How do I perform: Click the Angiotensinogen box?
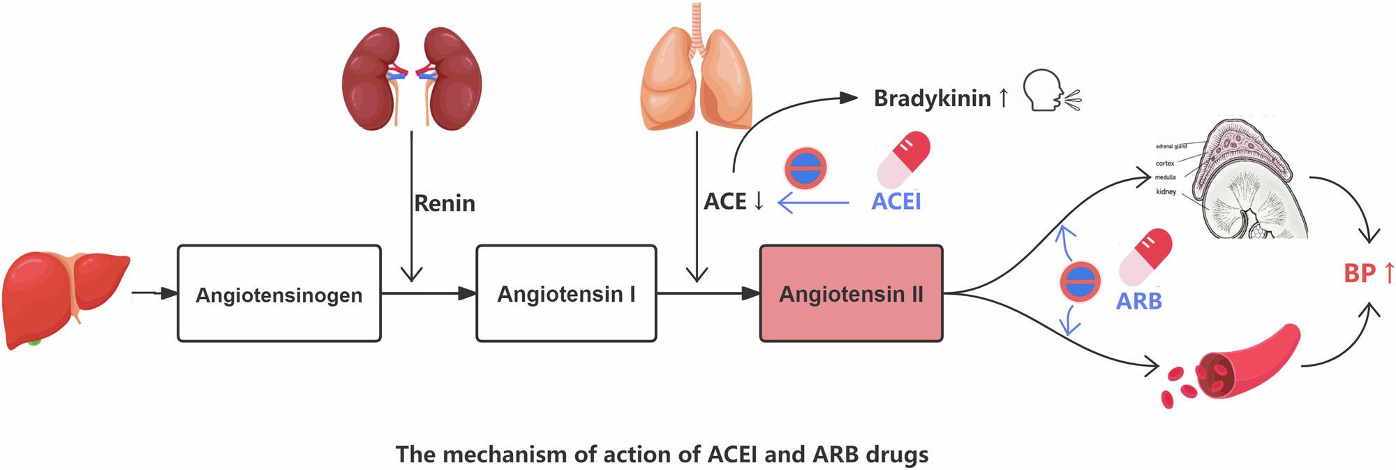tap(279, 294)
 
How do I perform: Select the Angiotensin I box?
tap(566, 294)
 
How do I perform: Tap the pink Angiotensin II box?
tap(851, 294)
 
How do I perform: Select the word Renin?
tap(445, 203)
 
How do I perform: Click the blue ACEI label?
tap(896, 202)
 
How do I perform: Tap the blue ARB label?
tap(1138, 301)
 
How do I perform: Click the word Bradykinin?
tap(932, 98)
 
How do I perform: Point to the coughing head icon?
tap(1047, 91)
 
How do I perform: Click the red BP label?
tap(1359, 273)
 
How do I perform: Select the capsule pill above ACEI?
tap(904, 159)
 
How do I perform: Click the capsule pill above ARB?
tap(1145, 256)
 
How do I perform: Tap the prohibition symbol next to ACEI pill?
tap(805, 168)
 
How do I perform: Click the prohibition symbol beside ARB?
tap(1080, 282)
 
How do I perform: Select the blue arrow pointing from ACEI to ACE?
tap(813, 203)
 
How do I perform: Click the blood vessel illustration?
tap(1249, 363)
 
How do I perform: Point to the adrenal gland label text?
tap(1171, 147)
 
